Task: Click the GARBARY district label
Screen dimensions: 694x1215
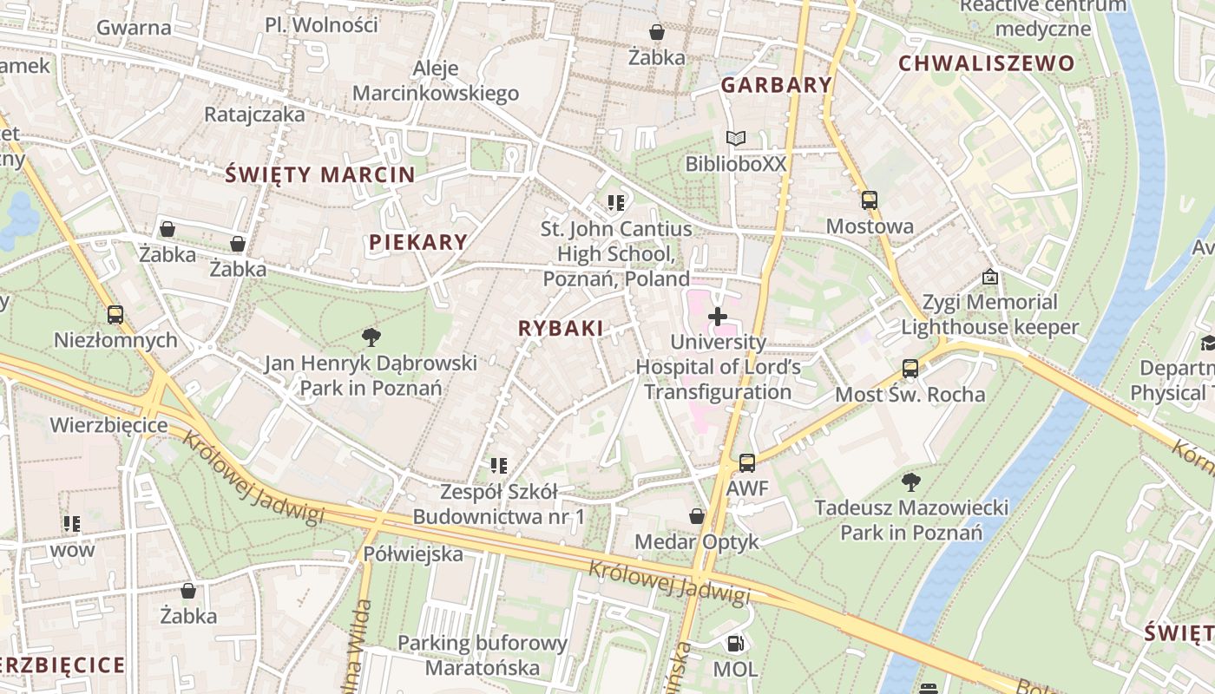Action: coord(776,85)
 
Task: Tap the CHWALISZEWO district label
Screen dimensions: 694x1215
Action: coord(986,63)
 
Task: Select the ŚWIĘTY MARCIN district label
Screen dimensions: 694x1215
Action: coord(320,174)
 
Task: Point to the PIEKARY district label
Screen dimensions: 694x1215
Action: coord(418,243)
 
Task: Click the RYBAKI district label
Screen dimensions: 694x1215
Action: coord(560,328)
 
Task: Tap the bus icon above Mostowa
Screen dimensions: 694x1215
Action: coord(870,200)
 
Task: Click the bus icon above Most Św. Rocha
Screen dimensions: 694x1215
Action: coord(910,369)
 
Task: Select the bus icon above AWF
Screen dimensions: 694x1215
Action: coord(746,463)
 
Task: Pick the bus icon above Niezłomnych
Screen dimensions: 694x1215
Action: coord(115,314)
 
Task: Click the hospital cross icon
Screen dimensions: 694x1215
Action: coord(718,317)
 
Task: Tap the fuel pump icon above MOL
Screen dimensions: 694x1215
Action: coord(735,644)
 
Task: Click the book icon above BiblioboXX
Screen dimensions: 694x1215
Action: coord(735,138)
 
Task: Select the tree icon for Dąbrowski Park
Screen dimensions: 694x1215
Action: coord(371,337)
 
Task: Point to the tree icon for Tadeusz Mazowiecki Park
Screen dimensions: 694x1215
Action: coord(910,481)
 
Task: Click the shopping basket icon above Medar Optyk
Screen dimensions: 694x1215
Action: coord(696,516)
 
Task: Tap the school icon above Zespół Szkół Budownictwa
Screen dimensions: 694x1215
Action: coord(498,466)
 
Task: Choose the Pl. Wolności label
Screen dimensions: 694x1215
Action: coord(321,25)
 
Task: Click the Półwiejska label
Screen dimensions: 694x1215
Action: coord(413,553)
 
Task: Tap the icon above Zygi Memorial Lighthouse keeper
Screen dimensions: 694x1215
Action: coord(989,277)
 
